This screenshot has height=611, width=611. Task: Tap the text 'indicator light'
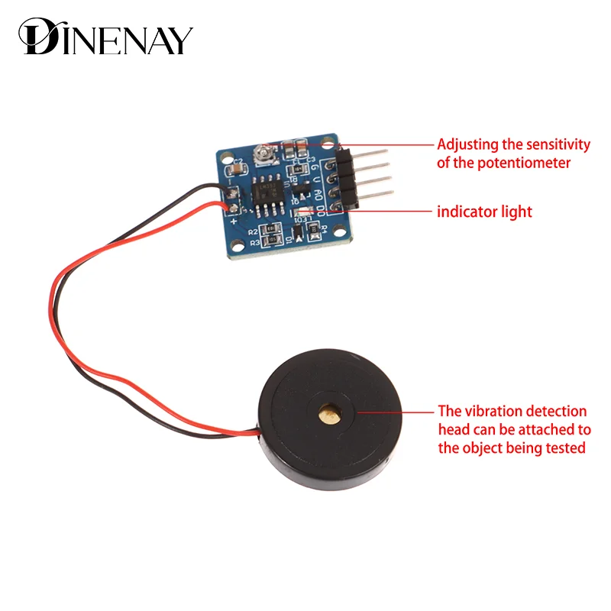tap(484, 212)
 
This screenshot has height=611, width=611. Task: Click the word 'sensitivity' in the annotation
tap(551, 144)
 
